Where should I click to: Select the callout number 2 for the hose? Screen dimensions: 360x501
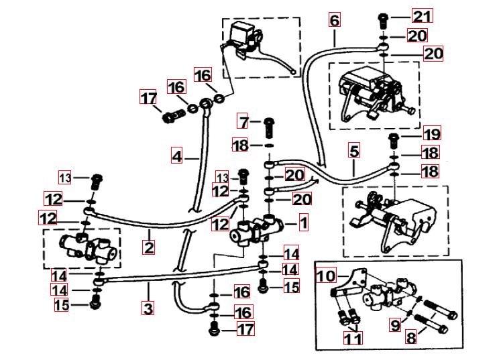click(x=149, y=246)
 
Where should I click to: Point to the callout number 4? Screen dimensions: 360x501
click(x=176, y=156)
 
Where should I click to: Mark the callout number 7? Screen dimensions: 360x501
click(x=244, y=123)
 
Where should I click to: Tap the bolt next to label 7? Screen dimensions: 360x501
click(x=268, y=124)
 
